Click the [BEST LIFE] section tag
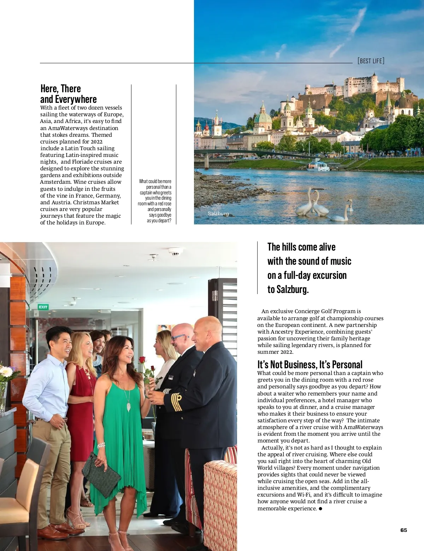[x=371, y=61]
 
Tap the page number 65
[x=404, y=530]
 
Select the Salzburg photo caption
[x=218, y=214]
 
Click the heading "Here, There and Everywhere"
[x=68, y=94]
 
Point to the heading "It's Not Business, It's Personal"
[x=310, y=364]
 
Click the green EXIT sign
[x=43, y=307]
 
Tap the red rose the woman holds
[x=142, y=360]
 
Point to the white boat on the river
[x=318, y=166]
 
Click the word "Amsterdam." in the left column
[x=55, y=182]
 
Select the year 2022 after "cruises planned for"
[x=96, y=142]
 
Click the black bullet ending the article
[x=320, y=509]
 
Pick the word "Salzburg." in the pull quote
[x=288, y=289]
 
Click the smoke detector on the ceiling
[x=175, y=252]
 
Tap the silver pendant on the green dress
[x=129, y=406]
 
